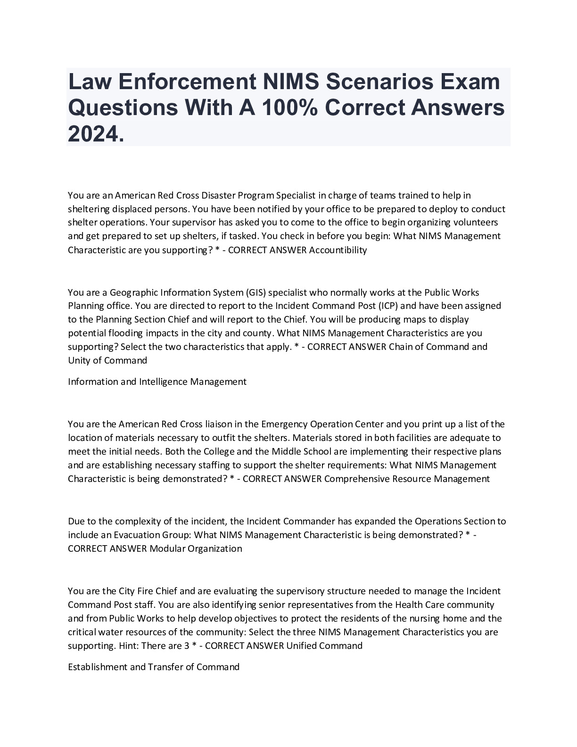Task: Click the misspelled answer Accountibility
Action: point(338,250)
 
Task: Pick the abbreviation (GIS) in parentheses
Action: point(256,292)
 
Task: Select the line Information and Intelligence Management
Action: point(157,382)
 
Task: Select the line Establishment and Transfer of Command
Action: point(154,667)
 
